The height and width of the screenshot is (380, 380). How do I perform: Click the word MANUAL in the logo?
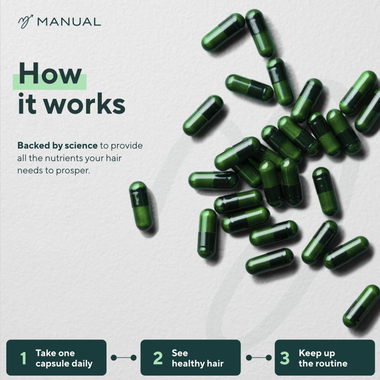point(69,22)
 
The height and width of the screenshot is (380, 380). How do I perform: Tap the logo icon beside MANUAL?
point(26,22)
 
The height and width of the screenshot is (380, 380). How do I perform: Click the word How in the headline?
point(50,73)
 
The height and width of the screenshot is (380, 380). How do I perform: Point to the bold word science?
point(81,145)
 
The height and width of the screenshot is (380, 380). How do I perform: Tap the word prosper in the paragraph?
point(73,171)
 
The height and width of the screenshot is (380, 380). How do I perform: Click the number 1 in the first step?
point(23,358)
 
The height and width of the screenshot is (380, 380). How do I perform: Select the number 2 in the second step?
point(158,358)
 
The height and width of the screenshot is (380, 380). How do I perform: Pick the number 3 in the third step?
point(285,358)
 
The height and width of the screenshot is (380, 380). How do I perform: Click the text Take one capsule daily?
point(64,358)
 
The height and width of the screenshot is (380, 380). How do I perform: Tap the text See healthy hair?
point(198,358)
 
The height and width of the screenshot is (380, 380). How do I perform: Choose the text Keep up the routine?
point(323,358)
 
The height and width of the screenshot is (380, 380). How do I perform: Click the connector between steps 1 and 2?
point(123,358)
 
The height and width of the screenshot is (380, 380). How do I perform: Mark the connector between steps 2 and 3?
point(258,358)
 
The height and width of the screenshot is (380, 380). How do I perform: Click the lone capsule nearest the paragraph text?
point(141,206)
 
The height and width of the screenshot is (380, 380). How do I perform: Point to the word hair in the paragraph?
point(114,158)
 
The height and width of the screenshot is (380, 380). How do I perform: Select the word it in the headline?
point(28,103)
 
